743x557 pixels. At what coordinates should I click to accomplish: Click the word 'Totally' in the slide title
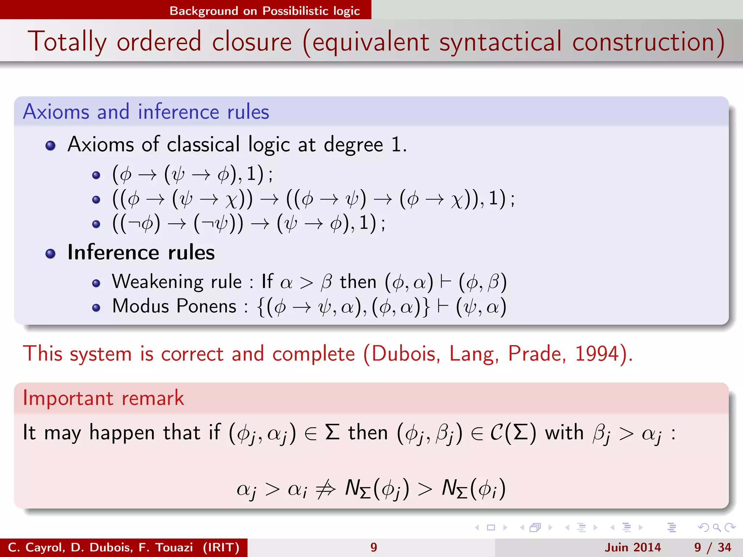[x=67, y=42]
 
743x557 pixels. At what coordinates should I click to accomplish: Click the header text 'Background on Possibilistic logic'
[x=264, y=11]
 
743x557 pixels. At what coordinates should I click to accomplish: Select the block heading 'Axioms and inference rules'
[x=146, y=112]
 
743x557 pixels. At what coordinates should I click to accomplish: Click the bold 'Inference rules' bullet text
[x=141, y=252]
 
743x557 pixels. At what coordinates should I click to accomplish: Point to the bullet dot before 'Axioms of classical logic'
[x=50, y=146]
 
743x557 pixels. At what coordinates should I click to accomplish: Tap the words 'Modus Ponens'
[x=174, y=306]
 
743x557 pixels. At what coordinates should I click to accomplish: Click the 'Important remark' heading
[x=103, y=398]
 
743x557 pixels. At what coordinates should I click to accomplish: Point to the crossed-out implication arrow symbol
[x=325, y=489]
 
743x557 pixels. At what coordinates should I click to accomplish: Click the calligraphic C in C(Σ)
[x=496, y=433]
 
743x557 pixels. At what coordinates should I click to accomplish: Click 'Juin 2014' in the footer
[x=633, y=547]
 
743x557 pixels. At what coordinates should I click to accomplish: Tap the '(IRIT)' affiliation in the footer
[x=221, y=547]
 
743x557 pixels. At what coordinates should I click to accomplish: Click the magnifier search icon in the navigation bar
[x=717, y=528]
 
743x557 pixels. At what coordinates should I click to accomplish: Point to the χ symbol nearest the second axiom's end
[x=457, y=200]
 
